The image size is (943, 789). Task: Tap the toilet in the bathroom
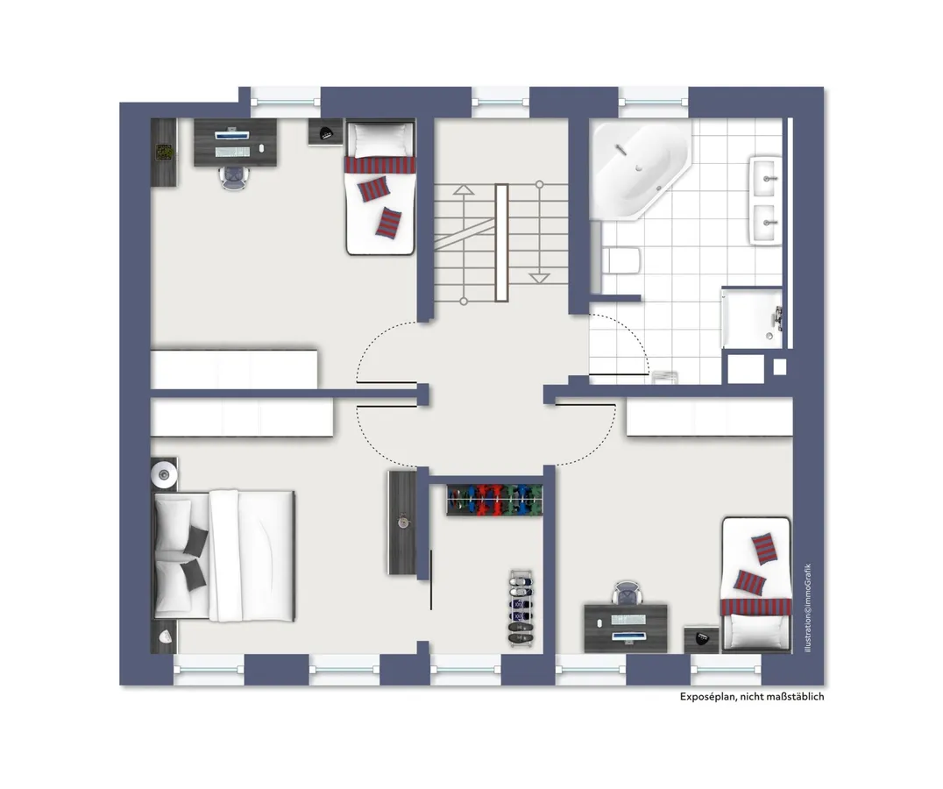coord(621,260)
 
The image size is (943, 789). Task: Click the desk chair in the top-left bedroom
coord(234,176)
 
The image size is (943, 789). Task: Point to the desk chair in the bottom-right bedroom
coord(627,593)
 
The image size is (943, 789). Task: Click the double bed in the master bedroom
coord(224,553)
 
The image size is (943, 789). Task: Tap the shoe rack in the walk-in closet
coord(521,608)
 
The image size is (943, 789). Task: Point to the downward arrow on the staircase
coord(539,277)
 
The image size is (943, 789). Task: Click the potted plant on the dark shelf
coord(164,152)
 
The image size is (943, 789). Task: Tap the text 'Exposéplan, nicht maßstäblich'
coord(752,697)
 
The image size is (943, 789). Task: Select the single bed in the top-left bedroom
coord(380,188)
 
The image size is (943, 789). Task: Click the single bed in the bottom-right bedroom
coord(755,585)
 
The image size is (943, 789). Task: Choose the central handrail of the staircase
coord(501,241)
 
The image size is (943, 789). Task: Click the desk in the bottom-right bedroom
coord(626,627)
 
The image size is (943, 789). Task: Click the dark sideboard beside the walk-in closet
coord(401,522)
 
